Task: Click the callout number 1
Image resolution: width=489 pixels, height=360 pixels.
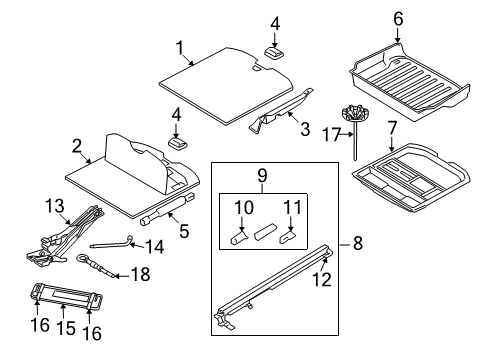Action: tap(180, 48)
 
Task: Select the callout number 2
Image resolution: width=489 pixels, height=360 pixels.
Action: tap(76, 147)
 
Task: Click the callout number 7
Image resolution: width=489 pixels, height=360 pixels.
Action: tap(392, 129)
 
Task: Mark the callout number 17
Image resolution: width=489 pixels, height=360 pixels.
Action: tap(338, 132)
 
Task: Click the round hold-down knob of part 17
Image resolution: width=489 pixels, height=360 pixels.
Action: tap(353, 113)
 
